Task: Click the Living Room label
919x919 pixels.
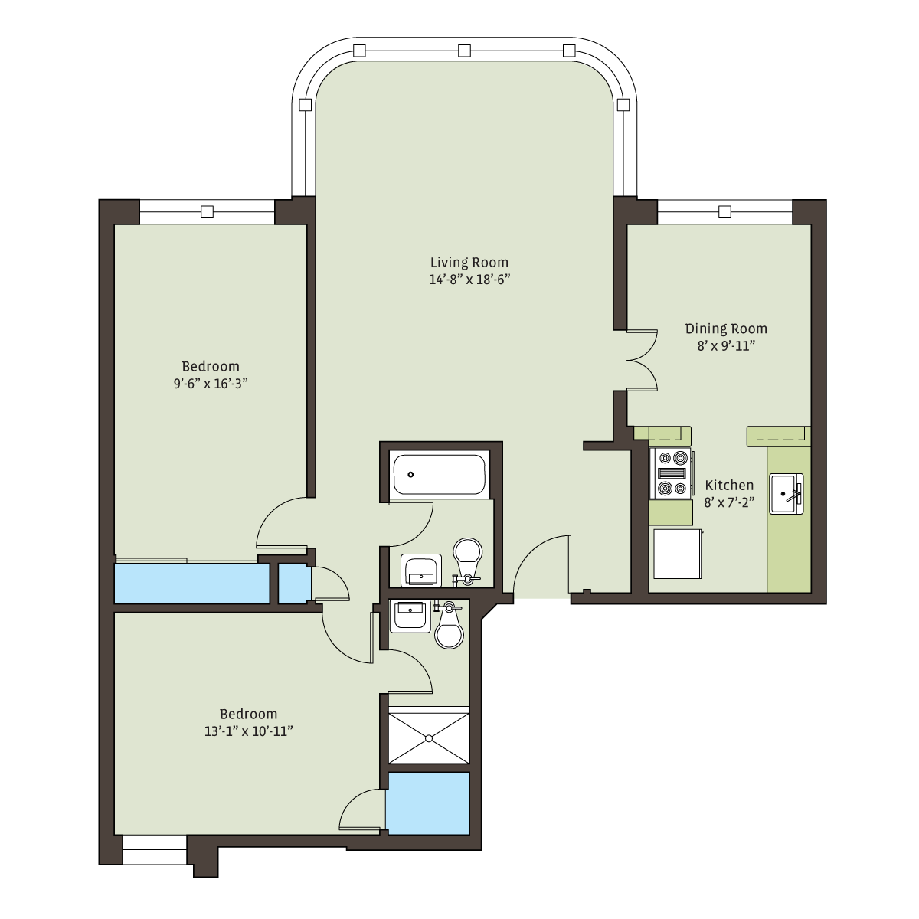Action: (x=469, y=263)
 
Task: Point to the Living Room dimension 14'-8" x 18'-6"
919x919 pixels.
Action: (x=469, y=280)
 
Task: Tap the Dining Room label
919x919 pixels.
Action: (x=725, y=329)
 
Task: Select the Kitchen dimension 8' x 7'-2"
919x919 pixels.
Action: (x=729, y=503)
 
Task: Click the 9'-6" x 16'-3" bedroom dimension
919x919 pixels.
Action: (x=211, y=384)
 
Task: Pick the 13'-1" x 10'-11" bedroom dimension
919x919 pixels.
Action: (x=248, y=731)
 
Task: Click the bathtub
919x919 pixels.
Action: (x=440, y=474)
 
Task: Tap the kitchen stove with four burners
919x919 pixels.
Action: (x=672, y=473)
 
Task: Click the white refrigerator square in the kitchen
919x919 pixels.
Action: (x=677, y=554)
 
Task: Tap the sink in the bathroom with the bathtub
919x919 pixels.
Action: (x=420, y=570)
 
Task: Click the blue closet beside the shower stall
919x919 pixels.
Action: (x=428, y=803)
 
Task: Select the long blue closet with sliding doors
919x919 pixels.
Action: (x=191, y=584)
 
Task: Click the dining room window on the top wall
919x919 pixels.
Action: (x=724, y=212)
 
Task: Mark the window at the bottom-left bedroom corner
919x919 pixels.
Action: (x=155, y=850)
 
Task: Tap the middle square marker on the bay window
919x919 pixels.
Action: (x=463, y=51)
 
